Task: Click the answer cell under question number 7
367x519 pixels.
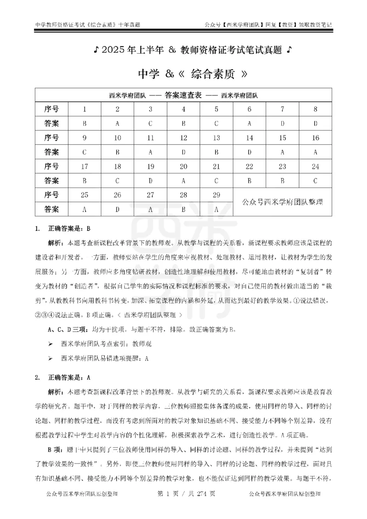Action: pyautogui.click(x=282, y=123)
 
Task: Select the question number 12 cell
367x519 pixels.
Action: pyautogui.click(x=183, y=138)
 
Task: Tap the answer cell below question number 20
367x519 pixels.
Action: pyautogui.click(x=183, y=181)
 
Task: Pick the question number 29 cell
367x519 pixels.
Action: pyautogui.click(x=217, y=195)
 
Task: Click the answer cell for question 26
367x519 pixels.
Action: pyautogui.click(x=117, y=209)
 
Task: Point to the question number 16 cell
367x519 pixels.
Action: pyautogui.click(x=315, y=138)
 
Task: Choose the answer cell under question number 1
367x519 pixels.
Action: pyautogui.click(x=84, y=123)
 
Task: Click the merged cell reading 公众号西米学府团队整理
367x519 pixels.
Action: pyautogui.click(x=282, y=202)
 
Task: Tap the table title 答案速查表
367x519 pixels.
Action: pyautogui.click(x=183, y=96)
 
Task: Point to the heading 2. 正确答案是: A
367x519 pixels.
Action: pyautogui.click(x=64, y=377)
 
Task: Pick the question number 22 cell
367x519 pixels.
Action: pyautogui.click(x=249, y=166)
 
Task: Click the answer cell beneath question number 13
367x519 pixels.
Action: pyautogui.click(x=217, y=152)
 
